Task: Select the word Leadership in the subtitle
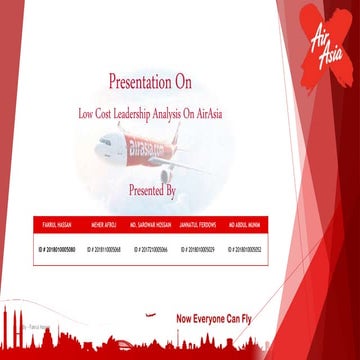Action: (150, 114)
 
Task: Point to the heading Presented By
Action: (153, 188)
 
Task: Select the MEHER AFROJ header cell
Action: (105, 222)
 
